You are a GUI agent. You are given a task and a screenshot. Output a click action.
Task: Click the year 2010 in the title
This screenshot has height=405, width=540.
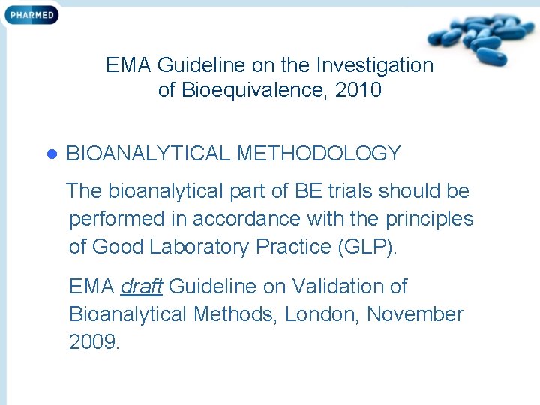pos(358,91)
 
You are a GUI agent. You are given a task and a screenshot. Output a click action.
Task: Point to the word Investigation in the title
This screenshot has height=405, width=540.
pos(375,65)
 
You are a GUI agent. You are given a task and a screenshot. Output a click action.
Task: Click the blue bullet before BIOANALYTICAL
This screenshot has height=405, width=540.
pos(52,154)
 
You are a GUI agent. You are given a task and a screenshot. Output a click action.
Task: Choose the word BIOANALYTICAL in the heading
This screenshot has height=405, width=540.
pos(148,154)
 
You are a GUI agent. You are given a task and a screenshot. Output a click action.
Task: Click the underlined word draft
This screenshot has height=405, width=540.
pos(142,286)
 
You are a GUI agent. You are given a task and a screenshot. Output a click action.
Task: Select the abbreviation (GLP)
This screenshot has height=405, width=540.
pos(368,247)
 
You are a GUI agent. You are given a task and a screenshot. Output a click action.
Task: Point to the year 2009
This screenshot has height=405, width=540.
pos(93,343)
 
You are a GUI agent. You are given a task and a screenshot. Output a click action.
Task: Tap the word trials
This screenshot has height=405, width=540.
pos(350,191)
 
